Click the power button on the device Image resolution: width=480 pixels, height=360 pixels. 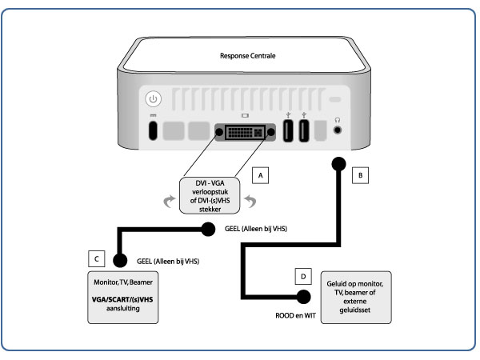154,102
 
